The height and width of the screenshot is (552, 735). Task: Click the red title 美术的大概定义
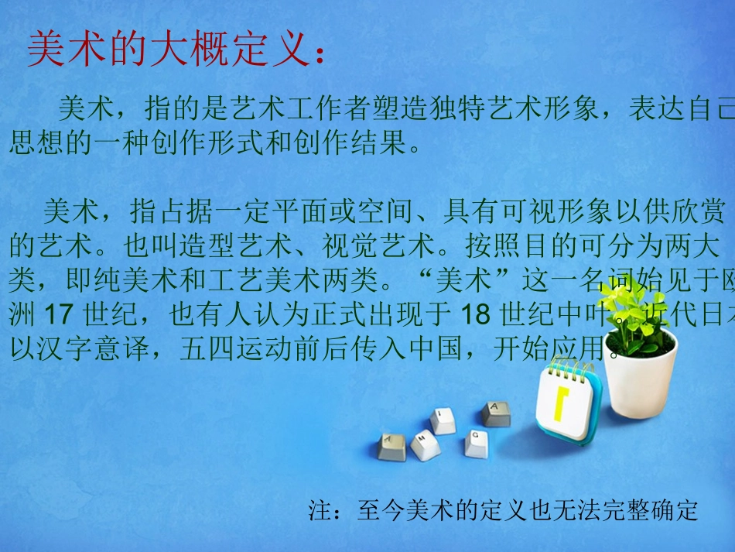(x=171, y=51)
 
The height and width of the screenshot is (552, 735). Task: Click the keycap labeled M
(x=426, y=445)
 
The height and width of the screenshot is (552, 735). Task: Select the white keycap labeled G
(x=475, y=444)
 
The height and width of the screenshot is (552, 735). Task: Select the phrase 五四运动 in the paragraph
(x=235, y=350)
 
